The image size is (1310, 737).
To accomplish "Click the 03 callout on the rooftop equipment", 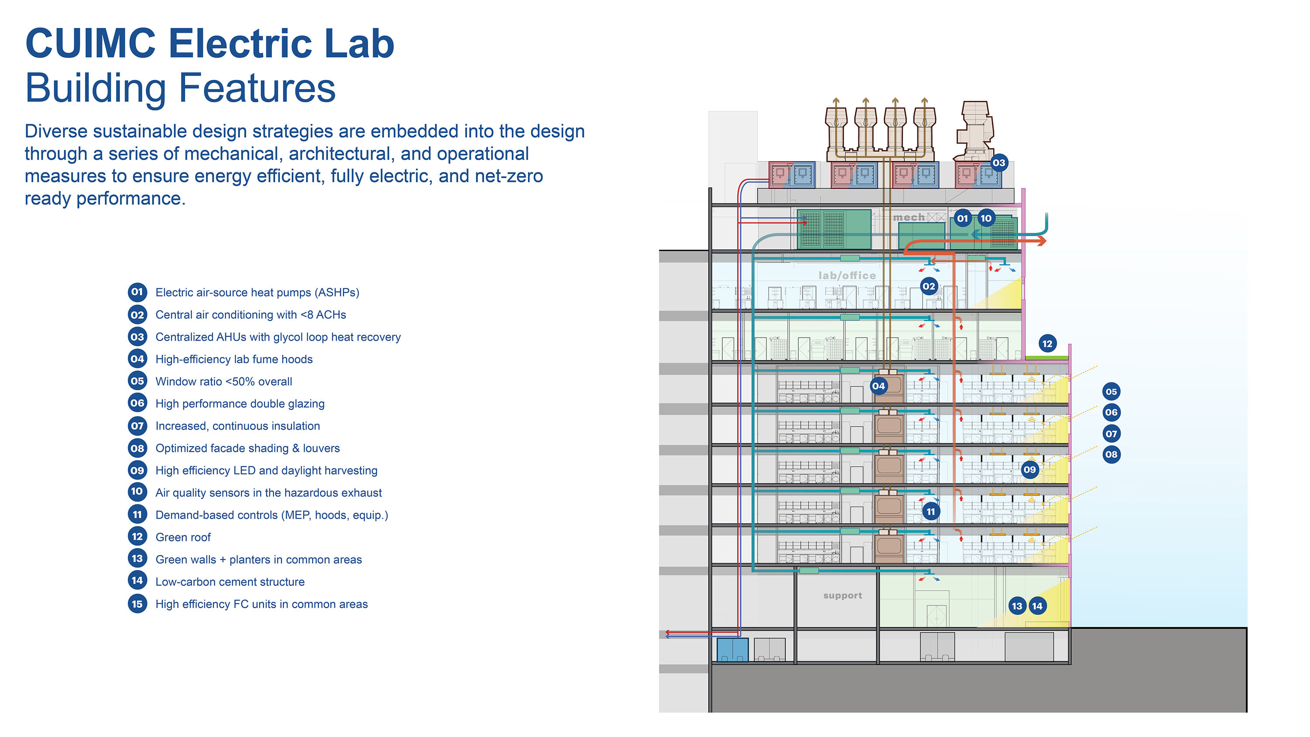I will click(999, 163).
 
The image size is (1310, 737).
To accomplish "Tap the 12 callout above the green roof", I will click(1047, 344).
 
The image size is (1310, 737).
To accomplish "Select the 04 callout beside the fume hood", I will click(878, 386).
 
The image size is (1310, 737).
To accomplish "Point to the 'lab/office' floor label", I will click(847, 276).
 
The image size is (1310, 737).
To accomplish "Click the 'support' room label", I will click(843, 596).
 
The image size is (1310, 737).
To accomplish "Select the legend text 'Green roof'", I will click(183, 537).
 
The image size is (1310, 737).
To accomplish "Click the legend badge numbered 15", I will click(137, 604).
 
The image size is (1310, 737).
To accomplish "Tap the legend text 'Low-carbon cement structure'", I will click(230, 582).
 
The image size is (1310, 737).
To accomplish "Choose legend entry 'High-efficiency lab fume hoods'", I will click(234, 359).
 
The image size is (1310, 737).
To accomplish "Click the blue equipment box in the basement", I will click(732, 650).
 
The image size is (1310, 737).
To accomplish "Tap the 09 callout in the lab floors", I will click(1029, 469).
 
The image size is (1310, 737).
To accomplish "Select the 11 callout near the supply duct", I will click(931, 512).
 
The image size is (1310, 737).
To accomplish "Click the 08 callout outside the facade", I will click(1111, 454).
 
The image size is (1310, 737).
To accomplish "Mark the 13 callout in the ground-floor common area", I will click(1017, 606).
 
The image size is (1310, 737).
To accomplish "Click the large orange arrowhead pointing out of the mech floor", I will click(1041, 241).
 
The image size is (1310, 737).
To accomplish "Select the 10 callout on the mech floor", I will click(986, 219).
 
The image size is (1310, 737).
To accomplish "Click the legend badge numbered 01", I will click(137, 292).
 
